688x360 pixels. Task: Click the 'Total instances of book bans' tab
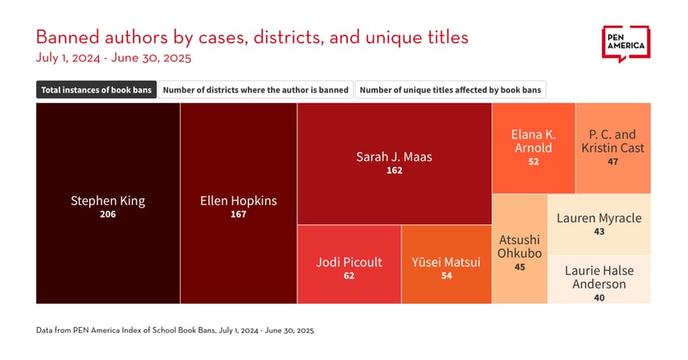(x=96, y=90)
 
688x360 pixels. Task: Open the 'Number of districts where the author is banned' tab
(x=256, y=90)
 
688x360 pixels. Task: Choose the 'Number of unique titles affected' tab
(x=450, y=90)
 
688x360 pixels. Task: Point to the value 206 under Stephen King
(x=108, y=215)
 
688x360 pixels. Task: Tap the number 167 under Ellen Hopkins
(x=238, y=215)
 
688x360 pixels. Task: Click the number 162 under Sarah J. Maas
(x=394, y=171)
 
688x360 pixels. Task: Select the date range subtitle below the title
(x=113, y=58)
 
